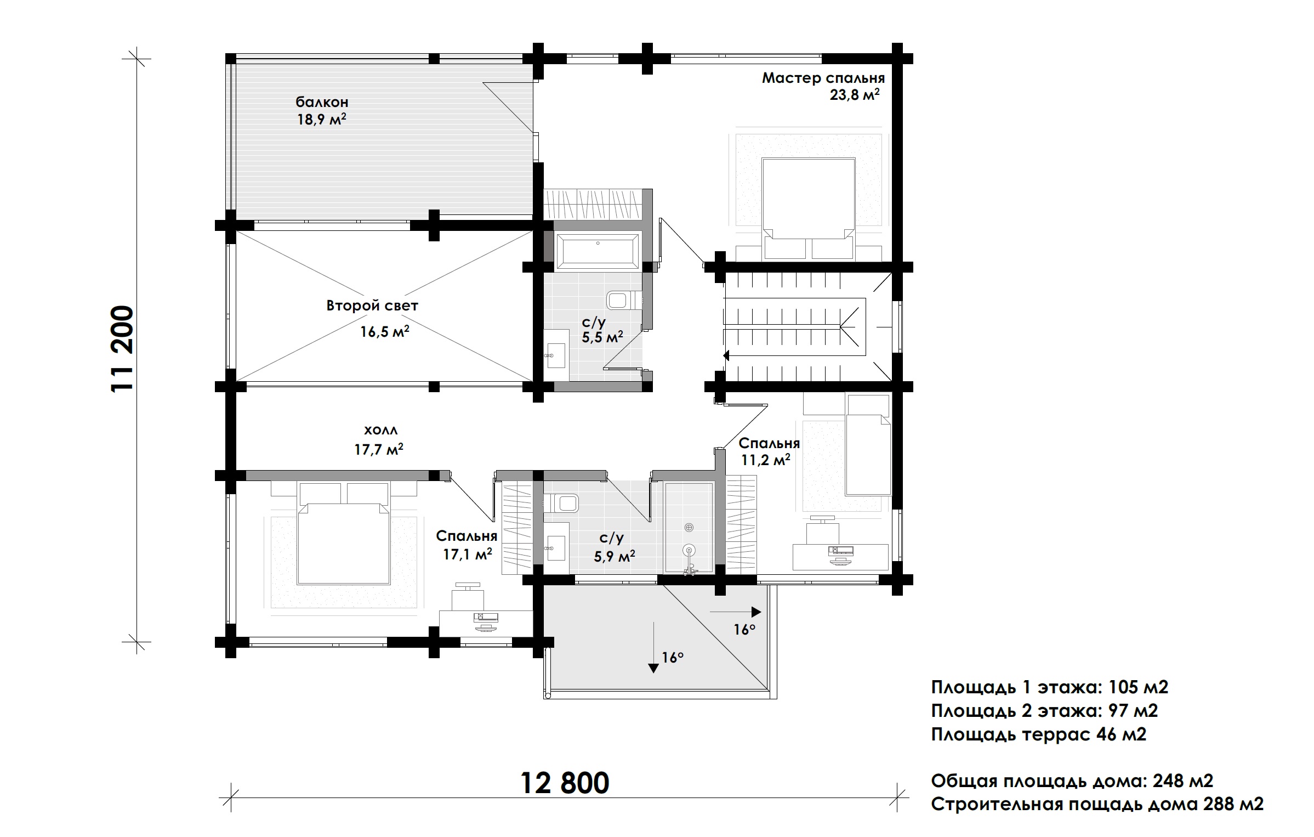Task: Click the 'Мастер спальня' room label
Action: point(823,78)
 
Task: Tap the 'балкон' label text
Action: point(322,102)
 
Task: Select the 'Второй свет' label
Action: point(372,306)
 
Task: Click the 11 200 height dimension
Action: point(122,349)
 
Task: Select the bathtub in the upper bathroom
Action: point(598,251)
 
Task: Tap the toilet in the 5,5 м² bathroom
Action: point(625,301)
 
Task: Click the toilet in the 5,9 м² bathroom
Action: point(562,502)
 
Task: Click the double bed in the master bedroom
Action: point(809,209)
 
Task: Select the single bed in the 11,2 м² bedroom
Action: point(867,444)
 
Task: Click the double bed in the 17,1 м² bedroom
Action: point(343,541)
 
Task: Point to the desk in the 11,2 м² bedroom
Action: point(841,557)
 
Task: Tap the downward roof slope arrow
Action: point(653,647)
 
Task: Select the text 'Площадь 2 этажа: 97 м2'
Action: point(1044,711)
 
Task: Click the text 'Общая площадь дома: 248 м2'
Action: point(1072,781)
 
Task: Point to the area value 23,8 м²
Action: point(855,95)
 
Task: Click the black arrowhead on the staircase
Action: point(726,355)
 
